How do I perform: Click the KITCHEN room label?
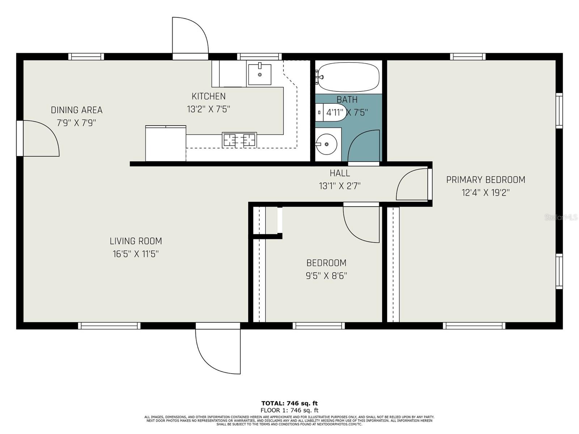(208, 96)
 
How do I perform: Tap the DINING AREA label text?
(76, 110)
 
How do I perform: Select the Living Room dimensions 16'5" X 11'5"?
(136, 254)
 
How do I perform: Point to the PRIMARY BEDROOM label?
(485, 179)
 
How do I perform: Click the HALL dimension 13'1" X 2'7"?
(339, 186)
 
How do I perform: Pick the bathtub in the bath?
(349, 77)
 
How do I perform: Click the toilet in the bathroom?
(327, 112)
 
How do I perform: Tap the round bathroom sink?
(326, 144)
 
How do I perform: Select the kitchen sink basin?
(259, 75)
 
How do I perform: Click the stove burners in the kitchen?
(239, 140)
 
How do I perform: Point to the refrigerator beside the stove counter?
(165, 143)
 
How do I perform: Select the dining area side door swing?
(40, 139)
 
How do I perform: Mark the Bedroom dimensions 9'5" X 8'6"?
(326, 276)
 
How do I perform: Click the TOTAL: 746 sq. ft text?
(289, 403)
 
